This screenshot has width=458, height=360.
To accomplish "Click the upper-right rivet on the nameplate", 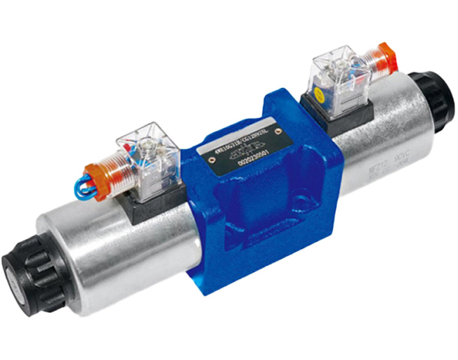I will click(x=280, y=131).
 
